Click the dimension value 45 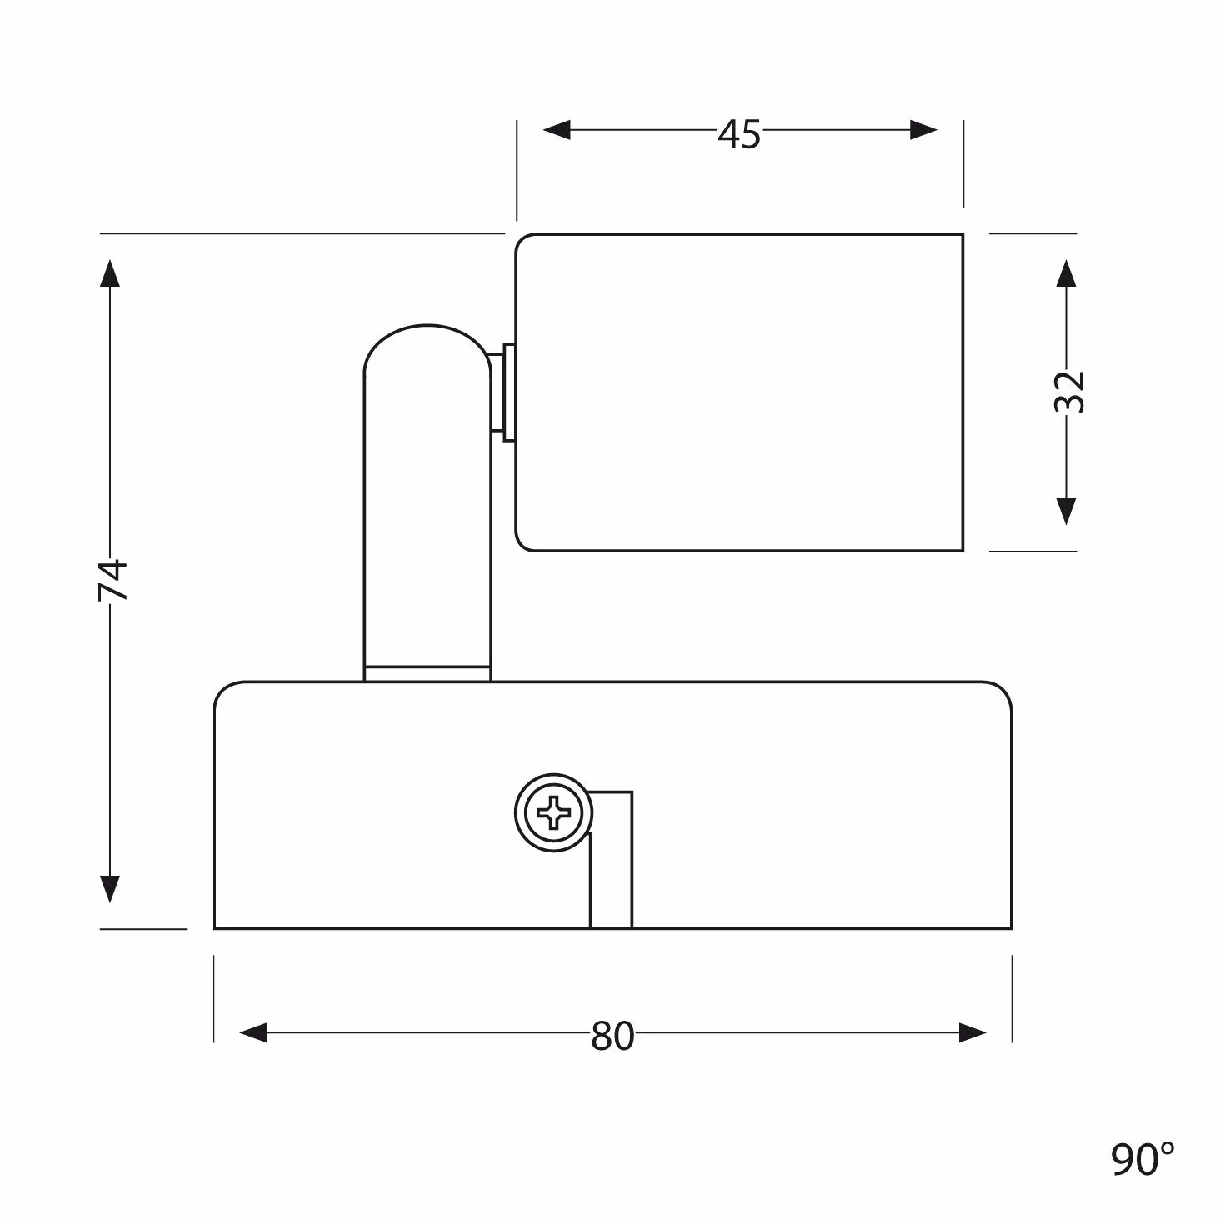click(x=739, y=134)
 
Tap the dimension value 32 click(x=1068, y=392)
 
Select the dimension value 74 click(x=112, y=580)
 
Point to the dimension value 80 click(x=612, y=1036)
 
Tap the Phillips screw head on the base click(x=553, y=812)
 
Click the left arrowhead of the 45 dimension click(x=557, y=130)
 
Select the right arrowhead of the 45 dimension click(x=923, y=130)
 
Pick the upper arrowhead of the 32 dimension click(x=1066, y=272)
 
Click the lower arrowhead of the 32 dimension click(x=1066, y=512)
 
